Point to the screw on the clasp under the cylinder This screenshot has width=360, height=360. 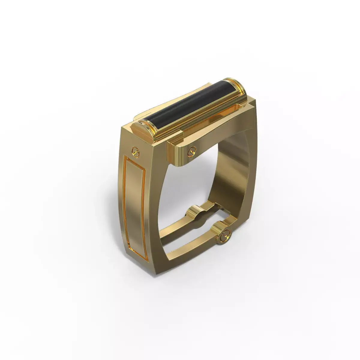coord(190,153)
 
